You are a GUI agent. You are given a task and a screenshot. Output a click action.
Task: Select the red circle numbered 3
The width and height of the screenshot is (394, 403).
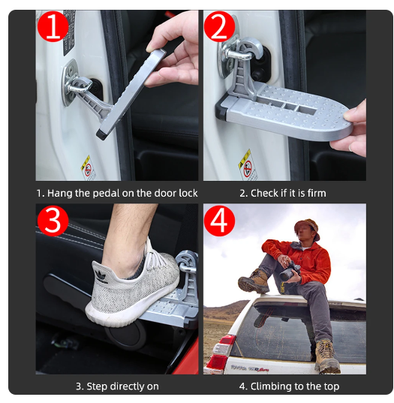click(53, 219)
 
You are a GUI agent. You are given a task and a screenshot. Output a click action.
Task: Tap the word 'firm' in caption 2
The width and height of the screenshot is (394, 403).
click(315, 193)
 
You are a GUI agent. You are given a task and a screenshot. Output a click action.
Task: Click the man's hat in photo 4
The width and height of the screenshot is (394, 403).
click(307, 226)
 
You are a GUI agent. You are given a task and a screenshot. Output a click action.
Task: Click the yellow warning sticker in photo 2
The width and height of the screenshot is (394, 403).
click(244, 161)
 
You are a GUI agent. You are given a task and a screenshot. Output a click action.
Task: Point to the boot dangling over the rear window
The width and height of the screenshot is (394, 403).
click(326, 357)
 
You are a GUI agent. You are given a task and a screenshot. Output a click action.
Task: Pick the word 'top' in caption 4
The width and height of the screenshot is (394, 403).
click(330, 386)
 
